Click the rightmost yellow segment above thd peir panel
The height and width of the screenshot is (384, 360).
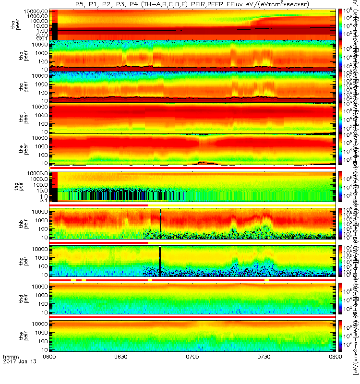266,280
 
